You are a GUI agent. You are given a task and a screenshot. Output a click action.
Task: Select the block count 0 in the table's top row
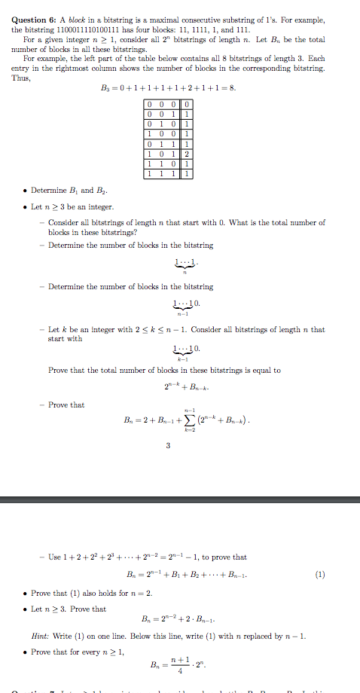pyautogui.click(x=186, y=104)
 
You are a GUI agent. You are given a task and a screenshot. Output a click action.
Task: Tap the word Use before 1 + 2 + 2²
pyautogui.click(x=54, y=557)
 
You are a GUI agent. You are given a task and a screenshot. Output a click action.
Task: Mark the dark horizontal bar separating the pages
pyautogui.click(x=180, y=499)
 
